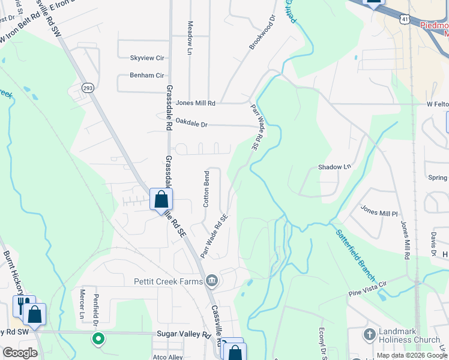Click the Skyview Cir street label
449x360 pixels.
point(147,58)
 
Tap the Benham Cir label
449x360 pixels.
point(147,76)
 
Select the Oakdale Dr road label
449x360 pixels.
point(191,124)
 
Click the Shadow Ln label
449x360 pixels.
point(334,167)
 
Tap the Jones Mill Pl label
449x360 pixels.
point(379,212)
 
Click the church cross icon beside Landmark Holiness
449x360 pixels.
point(369,334)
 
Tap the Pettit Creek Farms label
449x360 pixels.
point(167,281)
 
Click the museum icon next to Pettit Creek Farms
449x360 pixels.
point(211,280)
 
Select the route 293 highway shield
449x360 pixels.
point(88,87)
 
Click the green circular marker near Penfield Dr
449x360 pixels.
point(98,339)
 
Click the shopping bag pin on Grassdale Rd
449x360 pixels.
point(161,199)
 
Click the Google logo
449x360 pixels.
point(20,353)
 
